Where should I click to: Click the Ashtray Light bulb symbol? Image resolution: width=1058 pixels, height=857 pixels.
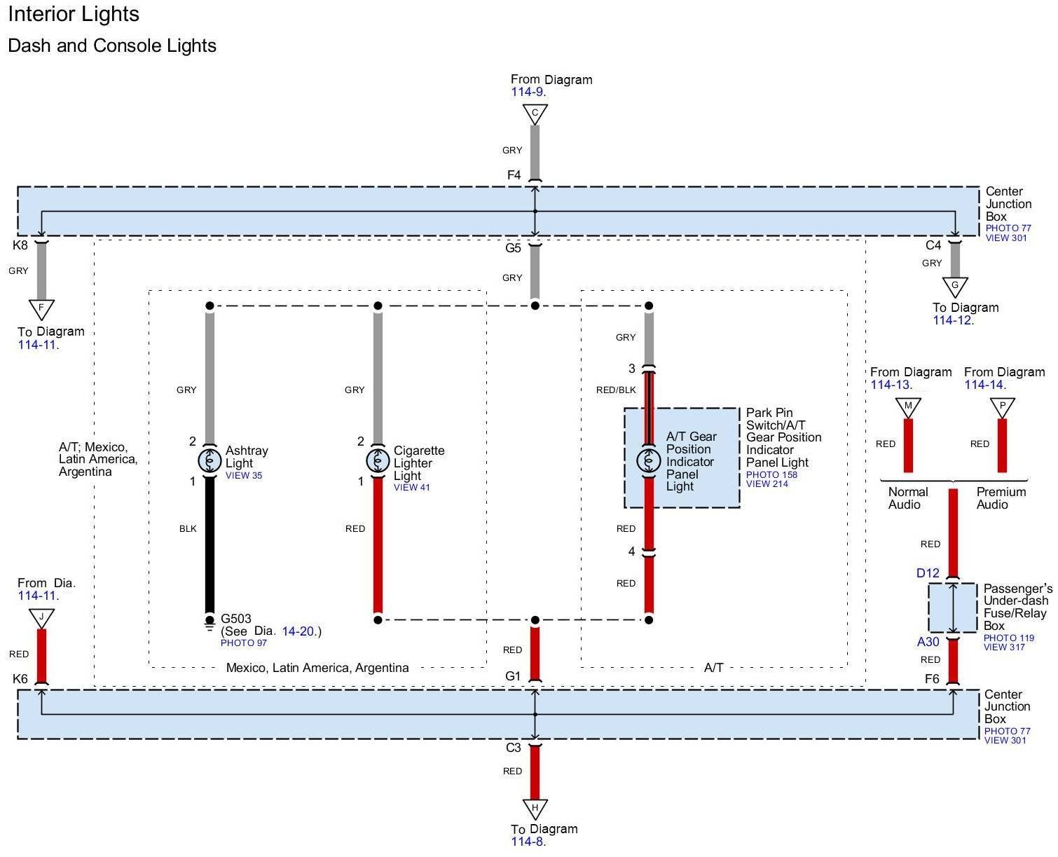pyautogui.click(x=209, y=460)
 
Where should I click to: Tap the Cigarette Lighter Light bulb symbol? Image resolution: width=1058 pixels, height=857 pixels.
pyautogui.click(x=378, y=460)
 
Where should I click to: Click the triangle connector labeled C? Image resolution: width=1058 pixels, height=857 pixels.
pyautogui.click(x=535, y=114)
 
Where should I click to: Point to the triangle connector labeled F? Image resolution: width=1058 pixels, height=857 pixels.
pyautogui.click(x=41, y=310)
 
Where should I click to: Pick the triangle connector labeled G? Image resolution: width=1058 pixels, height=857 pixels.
pyautogui.click(x=954, y=287)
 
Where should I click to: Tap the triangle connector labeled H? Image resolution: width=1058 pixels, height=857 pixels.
pyautogui.click(x=535, y=809)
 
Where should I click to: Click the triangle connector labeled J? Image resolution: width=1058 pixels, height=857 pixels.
pyautogui.click(x=41, y=619)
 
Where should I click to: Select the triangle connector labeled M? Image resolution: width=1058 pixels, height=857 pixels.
pyautogui.click(x=908, y=408)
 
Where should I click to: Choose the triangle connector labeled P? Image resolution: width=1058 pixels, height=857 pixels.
pyautogui.click(x=1002, y=408)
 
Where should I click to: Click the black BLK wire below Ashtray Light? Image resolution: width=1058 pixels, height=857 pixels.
pyautogui.click(x=209, y=545)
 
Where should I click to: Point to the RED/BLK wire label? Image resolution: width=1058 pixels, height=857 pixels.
pyautogui.click(x=615, y=390)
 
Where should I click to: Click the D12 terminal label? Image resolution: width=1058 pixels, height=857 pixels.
pyautogui.click(x=928, y=573)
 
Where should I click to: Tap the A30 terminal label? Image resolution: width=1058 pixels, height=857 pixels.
pyautogui.click(x=928, y=641)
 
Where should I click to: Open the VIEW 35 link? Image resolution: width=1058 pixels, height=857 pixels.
pyautogui.click(x=243, y=475)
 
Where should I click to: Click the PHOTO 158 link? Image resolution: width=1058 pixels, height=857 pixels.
pyautogui.click(x=771, y=474)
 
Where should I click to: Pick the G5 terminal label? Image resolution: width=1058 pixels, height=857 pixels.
pyautogui.click(x=513, y=247)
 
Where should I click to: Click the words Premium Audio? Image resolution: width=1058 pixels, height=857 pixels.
pyautogui.click(x=1001, y=498)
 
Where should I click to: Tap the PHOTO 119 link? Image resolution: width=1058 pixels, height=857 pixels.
pyautogui.click(x=1008, y=638)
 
